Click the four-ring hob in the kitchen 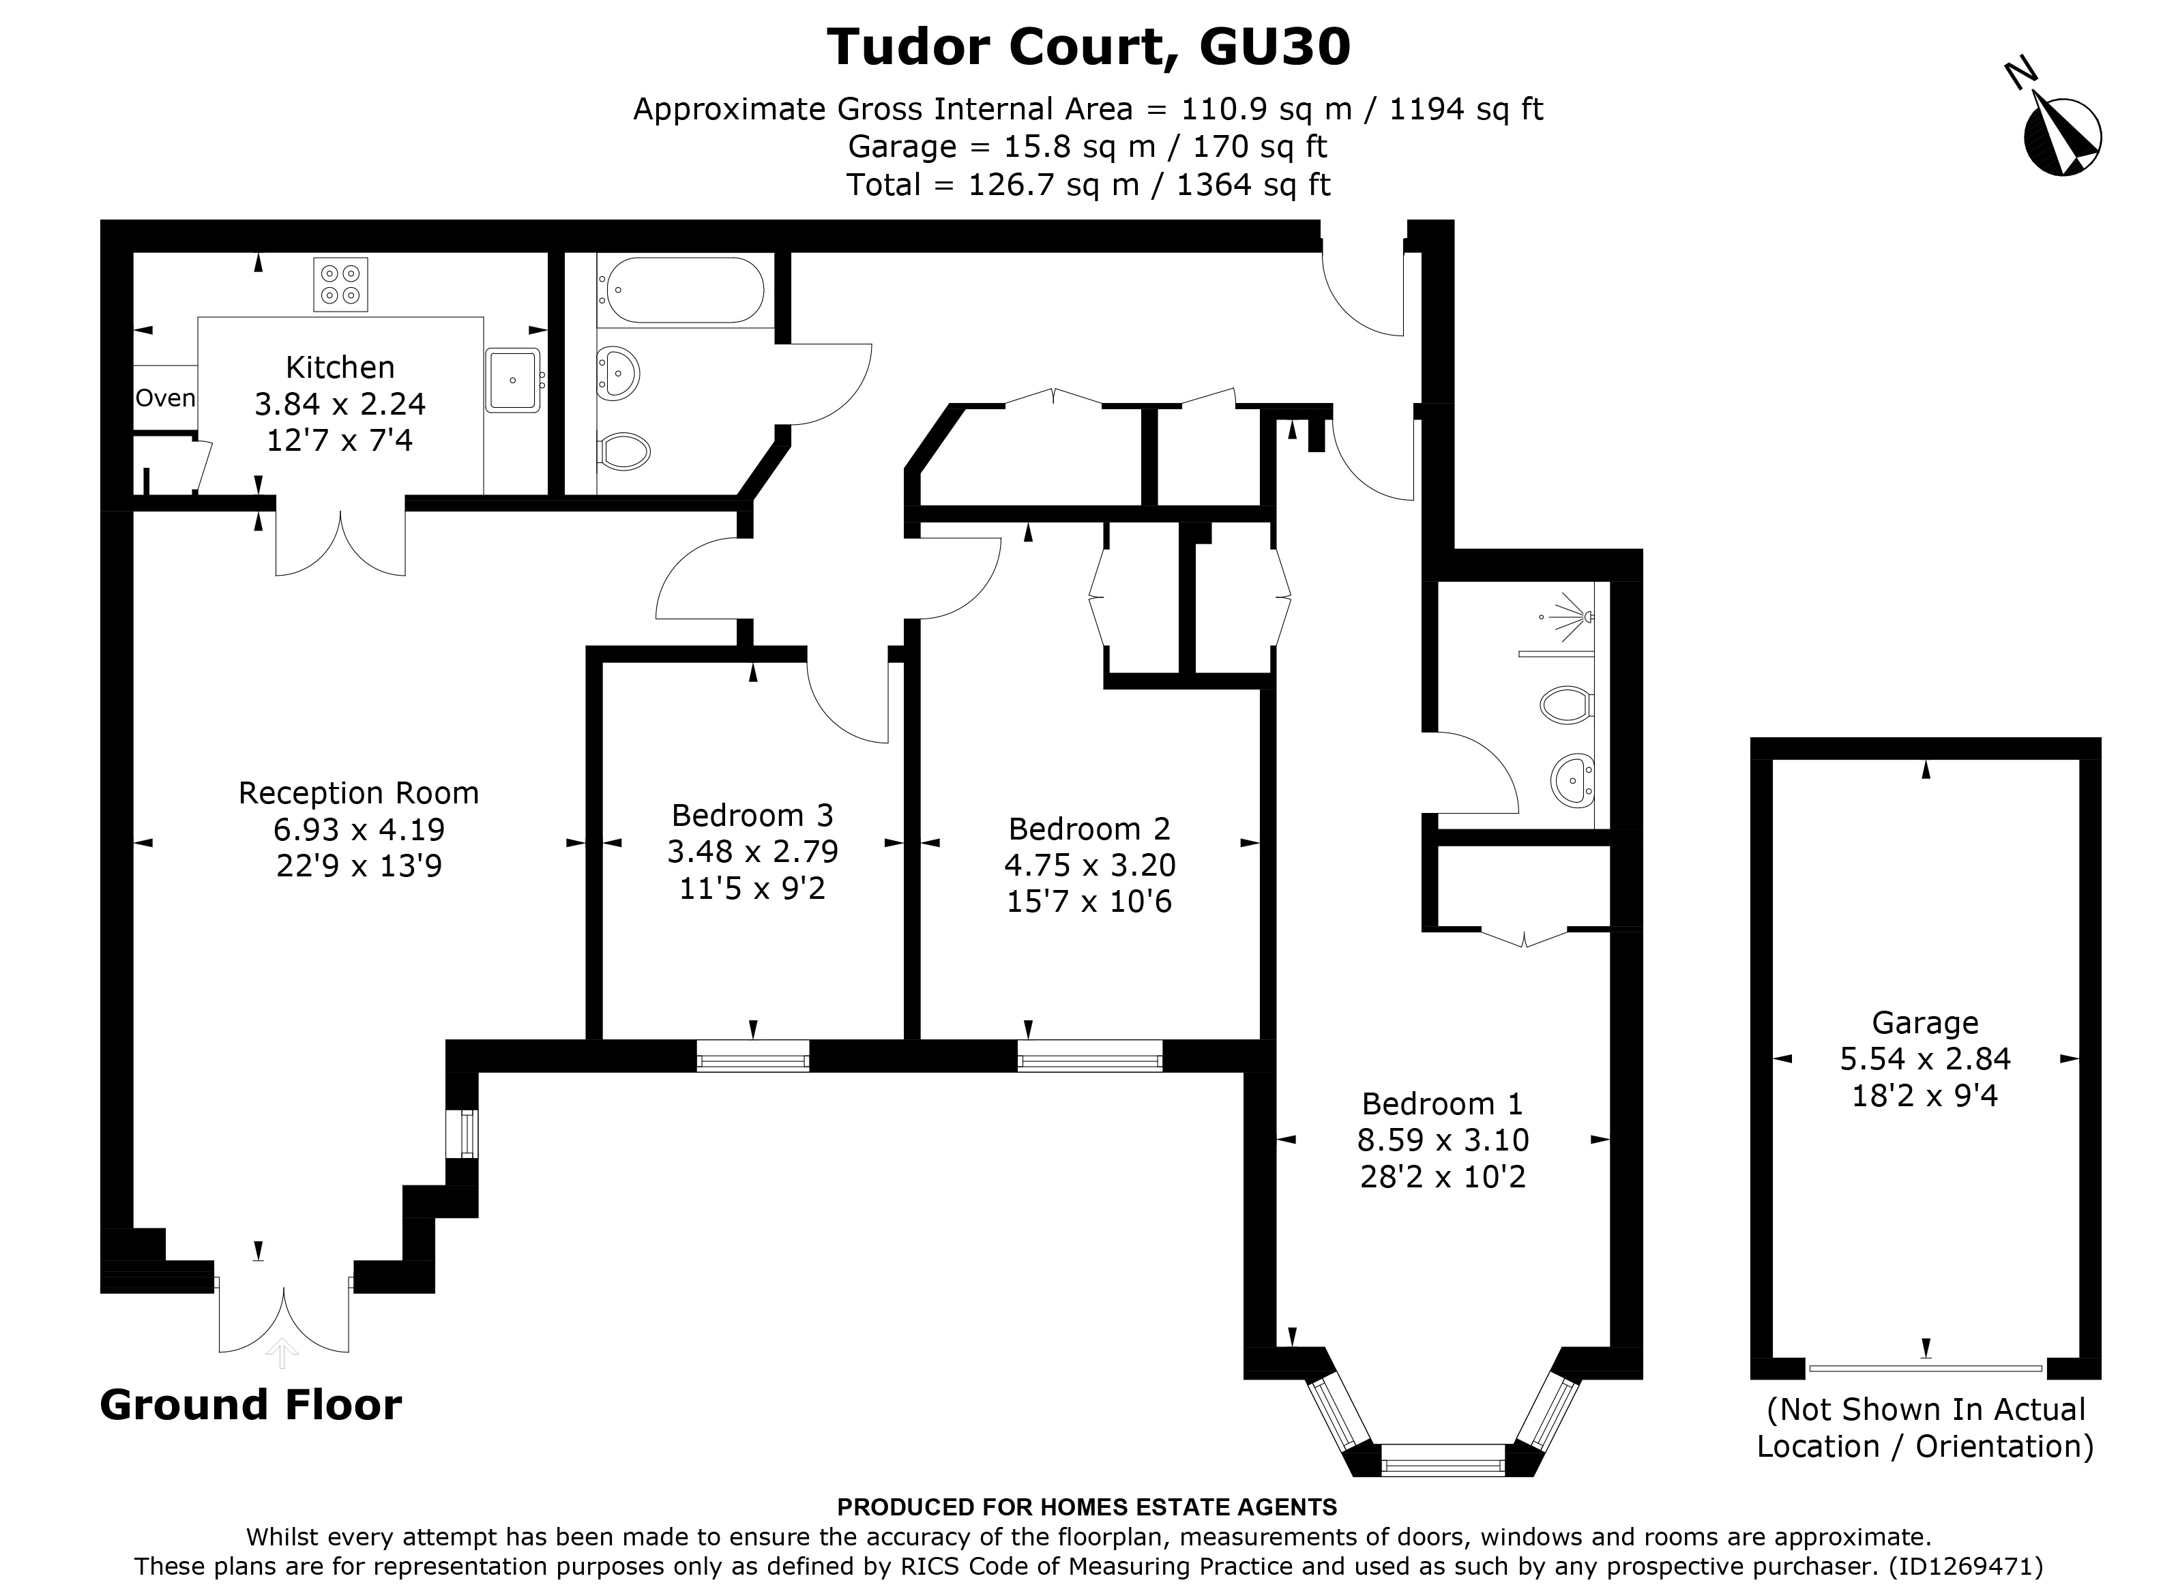(x=340, y=284)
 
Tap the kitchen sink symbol (x=513, y=379)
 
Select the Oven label (x=165, y=398)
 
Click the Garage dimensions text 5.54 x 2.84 (x=1924, y=1058)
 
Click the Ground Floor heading (x=251, y=1406)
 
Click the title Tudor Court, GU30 (x=1089, y=46)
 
